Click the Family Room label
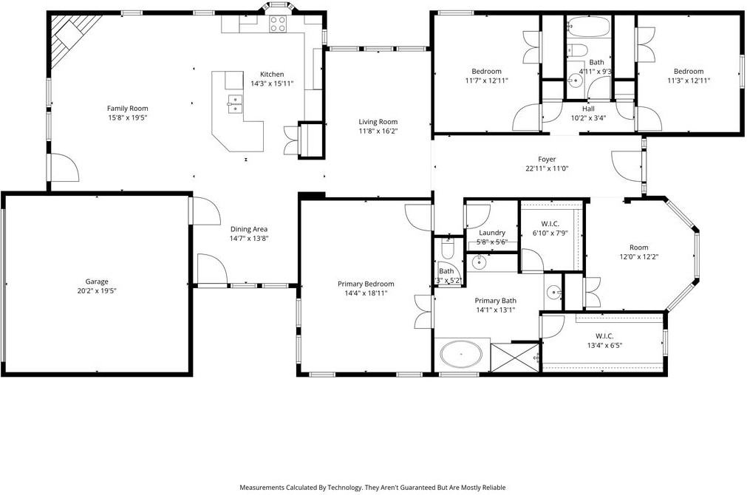coord(127,108)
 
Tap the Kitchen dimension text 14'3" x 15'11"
coord(272,83)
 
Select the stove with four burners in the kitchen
coord(279,24)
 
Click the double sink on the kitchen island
coord(235,104)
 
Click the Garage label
coord(97,281)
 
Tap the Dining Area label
coord(249,229)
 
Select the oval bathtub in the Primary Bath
coord(461,355)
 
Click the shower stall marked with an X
coord(515,358)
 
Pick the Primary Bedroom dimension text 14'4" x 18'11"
coord(366,293)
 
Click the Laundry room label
coord(492,233)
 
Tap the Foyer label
coord(547,159)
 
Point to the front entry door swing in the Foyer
coord(626,166)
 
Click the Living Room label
coord(378,121)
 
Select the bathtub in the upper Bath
coord(588,26)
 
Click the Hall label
coord(588,109)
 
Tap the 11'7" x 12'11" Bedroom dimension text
coord(486,81)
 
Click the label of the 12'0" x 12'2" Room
coord(639,247)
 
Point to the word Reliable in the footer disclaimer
coord(494,488)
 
